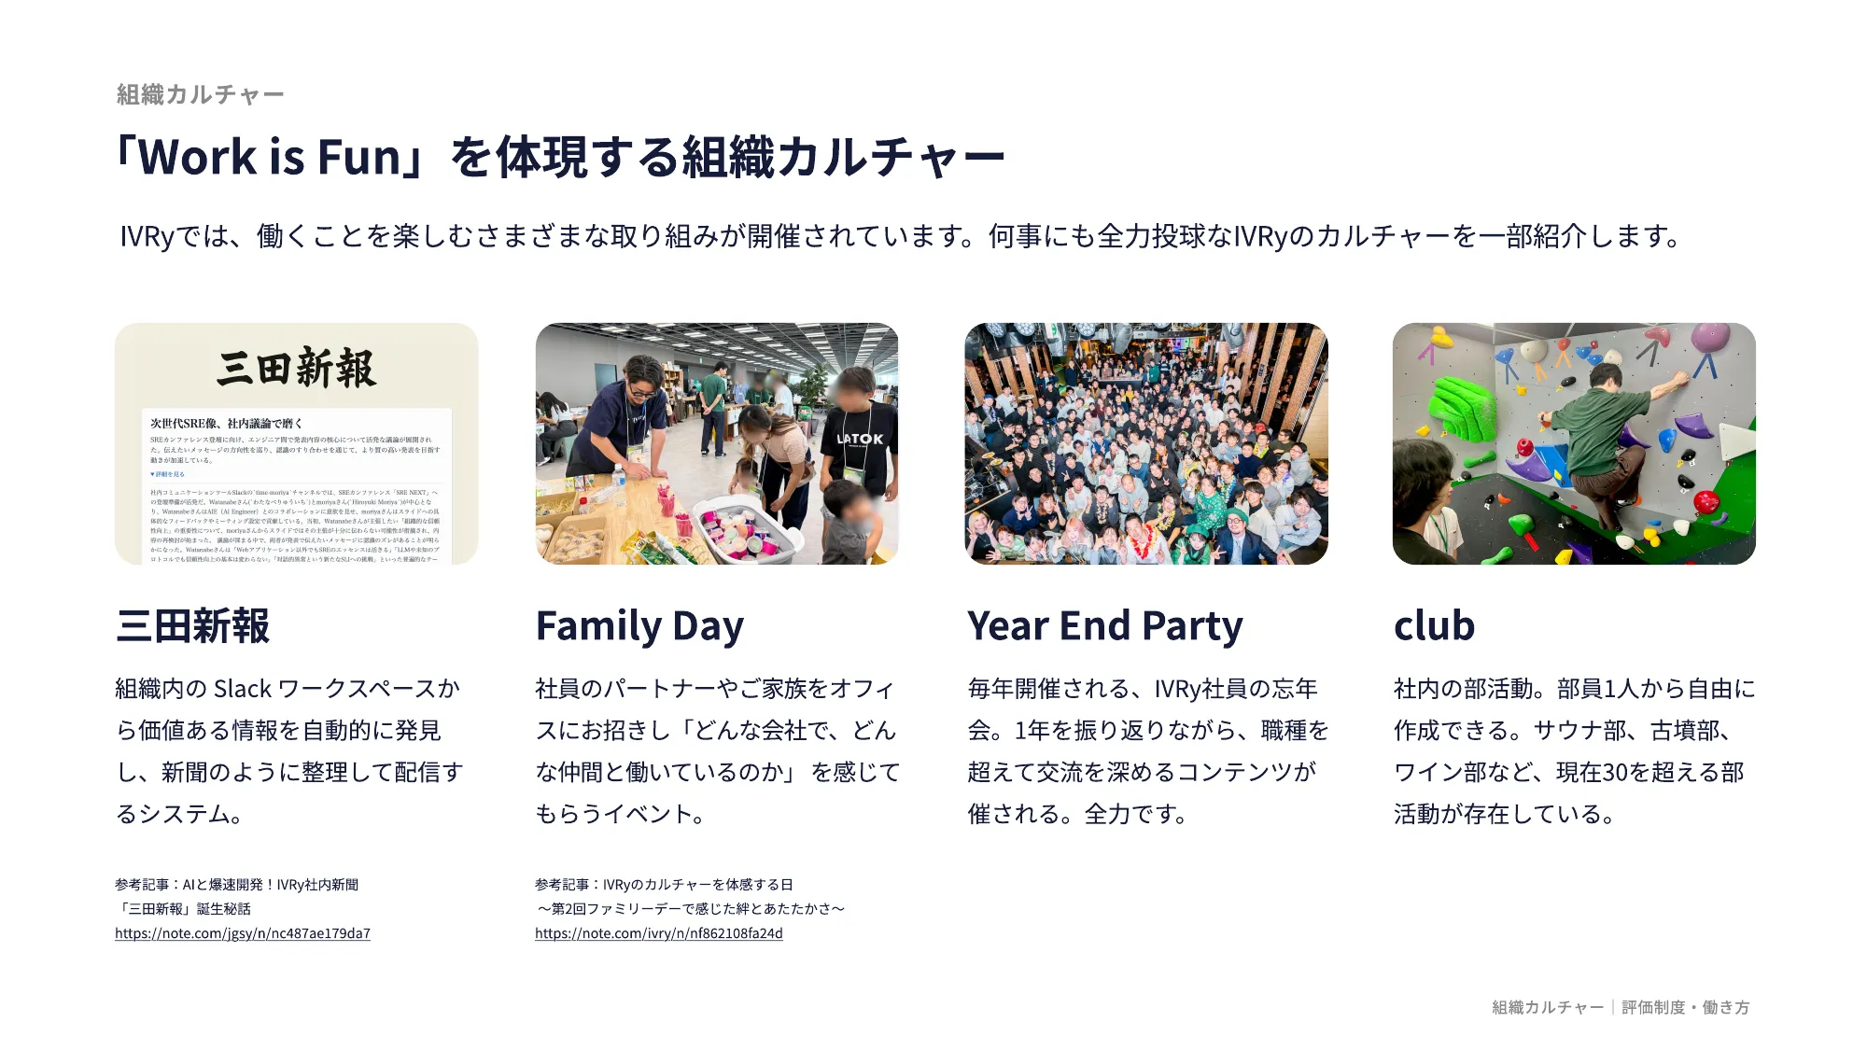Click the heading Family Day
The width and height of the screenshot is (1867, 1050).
(639, 626)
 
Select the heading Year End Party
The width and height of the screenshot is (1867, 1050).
(1104, 626)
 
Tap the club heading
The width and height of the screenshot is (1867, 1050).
(1434, 626)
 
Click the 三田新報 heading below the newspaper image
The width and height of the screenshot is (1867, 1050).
(192, 626)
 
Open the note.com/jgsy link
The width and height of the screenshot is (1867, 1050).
(243, 933)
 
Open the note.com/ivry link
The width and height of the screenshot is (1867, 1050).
(658, 933)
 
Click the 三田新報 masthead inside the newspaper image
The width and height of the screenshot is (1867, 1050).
(296, 368)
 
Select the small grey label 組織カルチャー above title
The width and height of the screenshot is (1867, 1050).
(200, 94)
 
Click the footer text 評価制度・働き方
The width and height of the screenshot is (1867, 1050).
(1685, 1007)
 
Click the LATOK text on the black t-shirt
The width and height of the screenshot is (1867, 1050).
(860, 439)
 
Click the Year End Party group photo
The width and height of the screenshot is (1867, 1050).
(1145, 443)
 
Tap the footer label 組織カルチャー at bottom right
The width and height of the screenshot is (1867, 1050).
(1547, 1007)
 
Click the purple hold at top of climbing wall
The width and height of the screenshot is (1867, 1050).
(1710, 337)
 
